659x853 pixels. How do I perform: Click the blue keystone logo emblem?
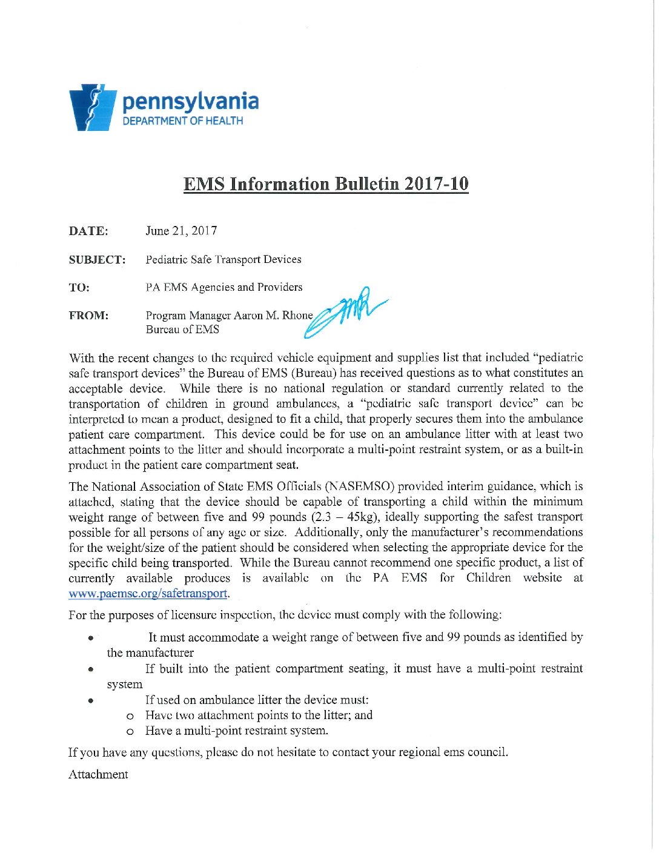pos(93,108)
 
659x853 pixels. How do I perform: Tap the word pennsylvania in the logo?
pos(190,102)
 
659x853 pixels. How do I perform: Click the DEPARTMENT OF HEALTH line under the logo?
pos(182,121)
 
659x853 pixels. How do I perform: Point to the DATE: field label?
pos(88,231)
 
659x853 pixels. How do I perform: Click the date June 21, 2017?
pos(181,231)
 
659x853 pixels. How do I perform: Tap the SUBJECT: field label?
pos(97,260)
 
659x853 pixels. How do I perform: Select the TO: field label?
pos(79,288)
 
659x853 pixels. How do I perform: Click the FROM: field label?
pos(88,316)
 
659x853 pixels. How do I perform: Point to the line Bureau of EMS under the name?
pos(182,330)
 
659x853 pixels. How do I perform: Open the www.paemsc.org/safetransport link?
pos(148,594)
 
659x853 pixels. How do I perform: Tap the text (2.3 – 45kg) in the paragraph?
pos(345,517)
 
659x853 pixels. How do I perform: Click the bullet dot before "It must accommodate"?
pos(90,638)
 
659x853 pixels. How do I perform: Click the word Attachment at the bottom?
pos(98,775)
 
